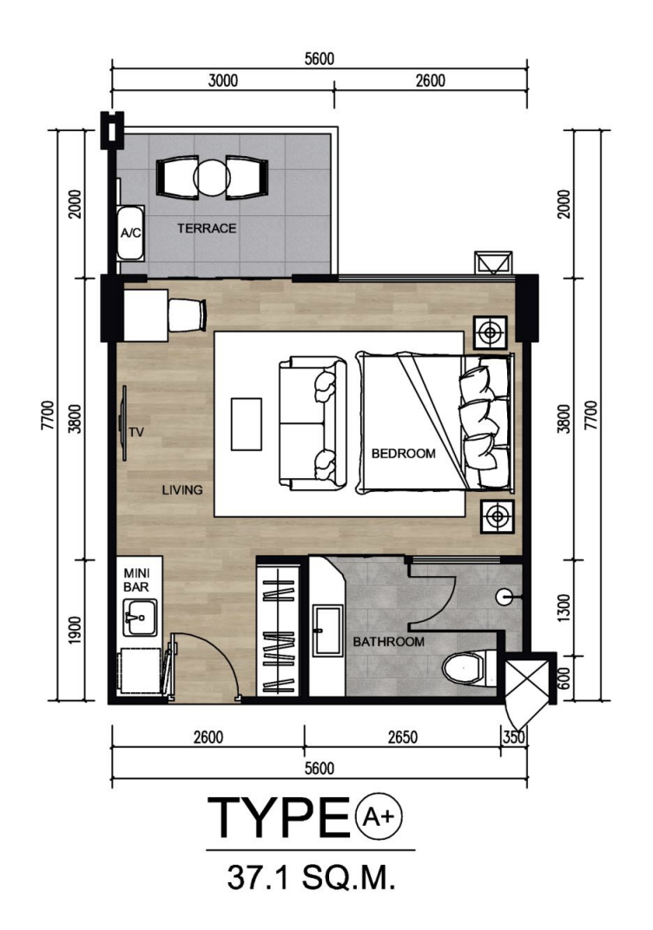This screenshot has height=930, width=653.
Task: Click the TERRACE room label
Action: click(x=207, y=228)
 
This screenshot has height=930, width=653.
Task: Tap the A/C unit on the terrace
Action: click(x=130, y=233)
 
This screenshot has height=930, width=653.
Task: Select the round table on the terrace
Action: click(x=211, y=177)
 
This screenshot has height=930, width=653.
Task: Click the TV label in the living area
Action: click(x=136, y=433)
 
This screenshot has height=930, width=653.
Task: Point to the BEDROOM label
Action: click(x=404, y=454)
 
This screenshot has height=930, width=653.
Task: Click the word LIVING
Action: click(x=182, y=490)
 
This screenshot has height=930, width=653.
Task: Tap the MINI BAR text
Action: click(x=136, y=580)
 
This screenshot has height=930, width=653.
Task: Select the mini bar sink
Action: click(x=140, y=616)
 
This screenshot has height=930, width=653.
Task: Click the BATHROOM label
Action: click(x=389, y=642)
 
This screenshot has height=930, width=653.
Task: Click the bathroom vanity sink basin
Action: click(x=328, y=630)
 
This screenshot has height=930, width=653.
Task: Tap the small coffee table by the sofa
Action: click(x=247, y=424)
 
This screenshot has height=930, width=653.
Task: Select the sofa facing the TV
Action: click(x=313, y=424)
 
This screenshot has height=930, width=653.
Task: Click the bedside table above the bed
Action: click(x=490, y=333)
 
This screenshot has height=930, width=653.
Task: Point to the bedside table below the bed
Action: click(x=498, y=516)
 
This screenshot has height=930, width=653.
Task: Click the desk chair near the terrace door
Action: click(x=187, y=315)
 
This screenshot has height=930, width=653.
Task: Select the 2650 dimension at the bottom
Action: click(x=403, y=737)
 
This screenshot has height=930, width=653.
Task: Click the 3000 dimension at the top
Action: click(x=223, y=80)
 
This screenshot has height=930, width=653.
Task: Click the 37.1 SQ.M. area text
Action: click(x=311, y=879)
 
